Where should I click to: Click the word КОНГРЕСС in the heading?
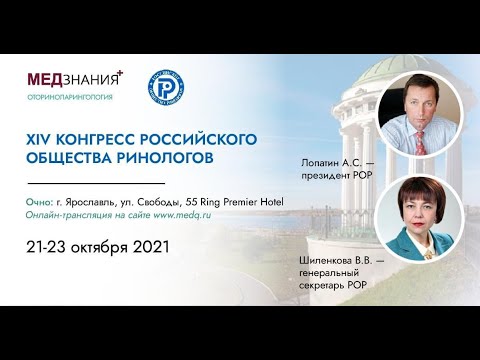(x=108, y=137)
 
